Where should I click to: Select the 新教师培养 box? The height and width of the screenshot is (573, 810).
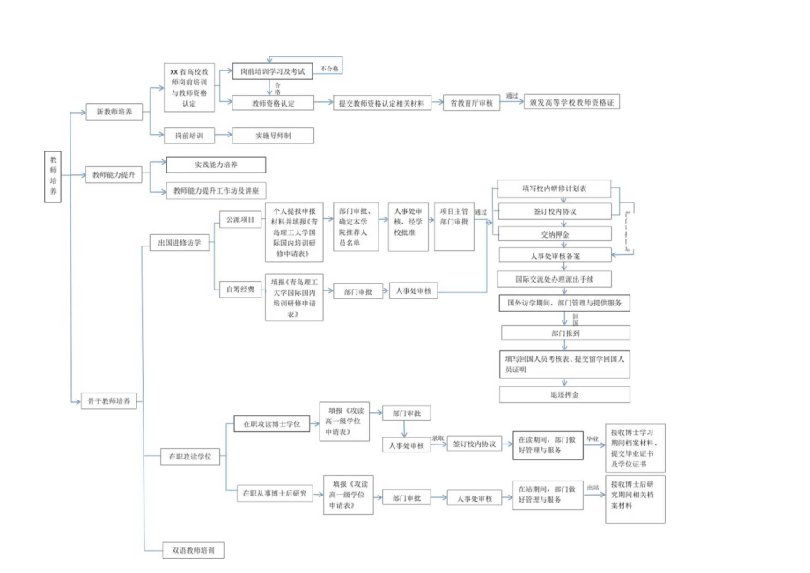[x=114, y=113]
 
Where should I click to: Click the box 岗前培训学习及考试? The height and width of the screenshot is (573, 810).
[x=273, y=71]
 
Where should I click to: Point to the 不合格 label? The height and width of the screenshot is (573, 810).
[x=330, y=67]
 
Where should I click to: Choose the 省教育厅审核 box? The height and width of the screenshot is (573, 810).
[x=470, y=103]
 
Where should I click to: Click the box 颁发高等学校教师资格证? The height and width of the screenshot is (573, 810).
[x=572, y=103]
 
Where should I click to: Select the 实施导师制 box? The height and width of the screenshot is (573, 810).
[x=273, y=136]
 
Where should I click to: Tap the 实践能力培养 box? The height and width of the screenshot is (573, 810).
[x=216, y=165]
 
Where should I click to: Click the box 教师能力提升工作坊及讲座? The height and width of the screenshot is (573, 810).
[x=216, y=190]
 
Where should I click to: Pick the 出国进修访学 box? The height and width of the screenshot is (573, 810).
[x=179, y=243]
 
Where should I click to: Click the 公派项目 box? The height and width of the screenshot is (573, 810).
[x=239, y=218]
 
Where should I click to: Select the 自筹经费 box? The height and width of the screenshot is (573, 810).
[x=239, y=288]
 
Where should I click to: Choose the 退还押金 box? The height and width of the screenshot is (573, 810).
[x=563, y=394]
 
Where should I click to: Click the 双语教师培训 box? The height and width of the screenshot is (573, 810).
[x=193, y=551]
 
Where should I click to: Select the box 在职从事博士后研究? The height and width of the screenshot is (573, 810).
[x=275, y=494]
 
